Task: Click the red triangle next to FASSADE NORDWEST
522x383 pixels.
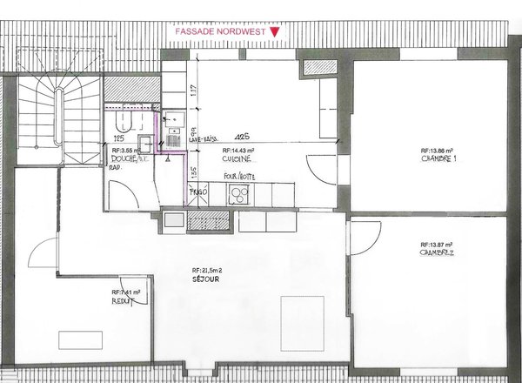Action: click(x=276, y=33)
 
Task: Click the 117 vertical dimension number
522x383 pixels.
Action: click(x=192, y=89)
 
